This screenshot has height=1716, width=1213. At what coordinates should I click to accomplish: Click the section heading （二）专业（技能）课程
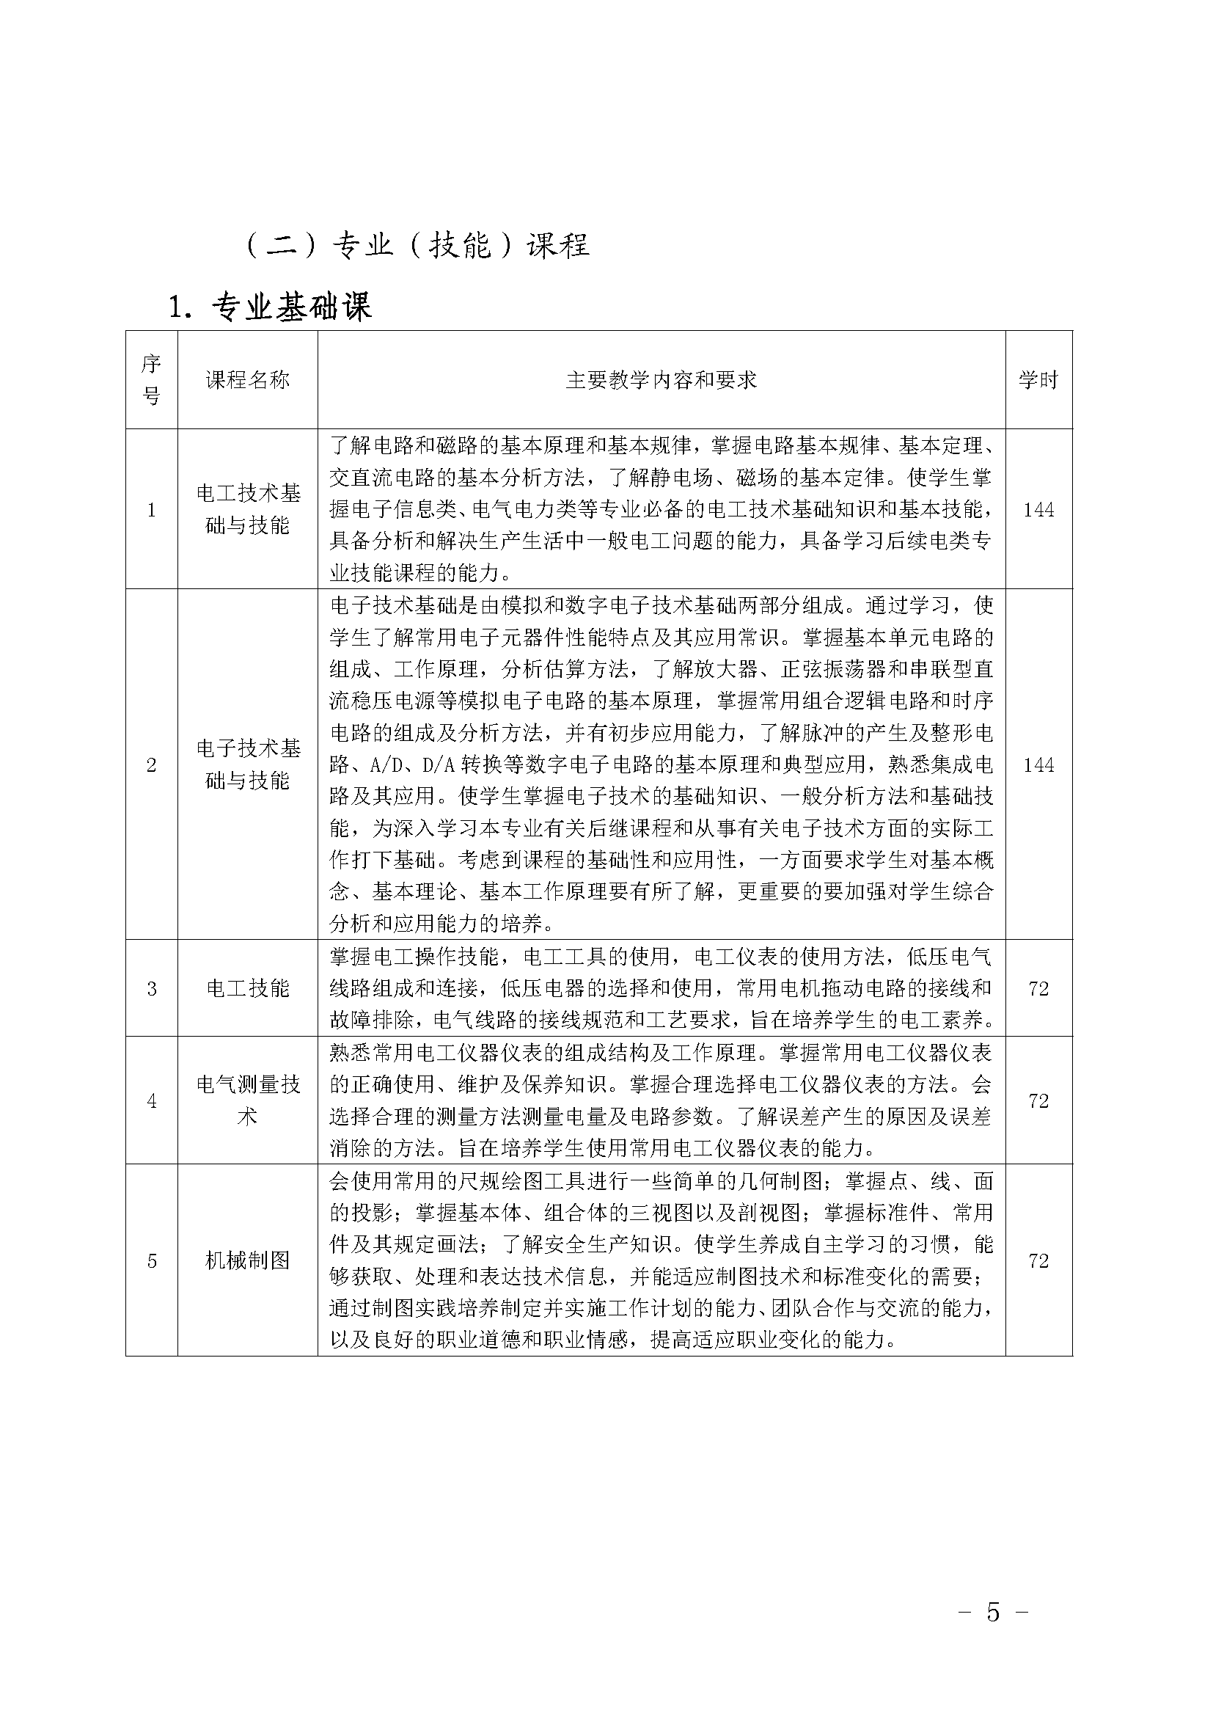[x=417, y=245]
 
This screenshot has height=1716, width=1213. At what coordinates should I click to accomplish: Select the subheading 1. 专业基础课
[x=271, y=307]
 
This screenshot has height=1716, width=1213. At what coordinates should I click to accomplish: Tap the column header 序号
[x=152, y=380]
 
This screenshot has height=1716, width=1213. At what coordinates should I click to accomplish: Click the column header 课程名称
[x=247, y=380]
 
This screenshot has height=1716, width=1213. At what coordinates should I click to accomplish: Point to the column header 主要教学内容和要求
[x=661, y=380]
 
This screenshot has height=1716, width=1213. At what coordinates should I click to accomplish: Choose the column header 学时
[x=1038, y=380]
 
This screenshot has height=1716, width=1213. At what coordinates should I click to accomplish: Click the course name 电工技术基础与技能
[x=247, y=509]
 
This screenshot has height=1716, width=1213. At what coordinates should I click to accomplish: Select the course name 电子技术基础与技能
[x=247, y=764]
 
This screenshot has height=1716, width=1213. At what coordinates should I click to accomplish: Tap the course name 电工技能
[x=247, y=988]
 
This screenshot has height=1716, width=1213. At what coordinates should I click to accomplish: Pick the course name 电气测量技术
[x=247, y=1100]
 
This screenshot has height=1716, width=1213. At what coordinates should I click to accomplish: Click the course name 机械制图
[x=247, y=1261]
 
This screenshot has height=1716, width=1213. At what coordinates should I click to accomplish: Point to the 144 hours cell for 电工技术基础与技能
[x=1038, y=510]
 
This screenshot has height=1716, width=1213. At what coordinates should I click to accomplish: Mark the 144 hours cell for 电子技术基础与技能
[x=1038, y=764]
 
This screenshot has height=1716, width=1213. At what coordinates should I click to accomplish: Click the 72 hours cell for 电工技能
[x=1038, y=989]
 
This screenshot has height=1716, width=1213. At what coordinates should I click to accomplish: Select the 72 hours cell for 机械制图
[x=1038, y=1261]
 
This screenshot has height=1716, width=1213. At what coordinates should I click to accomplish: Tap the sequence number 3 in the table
[x=152, y=989]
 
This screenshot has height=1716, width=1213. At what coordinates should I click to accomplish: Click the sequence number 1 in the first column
[x=152, y=510]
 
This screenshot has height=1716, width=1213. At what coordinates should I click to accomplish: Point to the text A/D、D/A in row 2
[x=413, y=764]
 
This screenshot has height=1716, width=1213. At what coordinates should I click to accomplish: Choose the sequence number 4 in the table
[x=152, y=1101]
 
